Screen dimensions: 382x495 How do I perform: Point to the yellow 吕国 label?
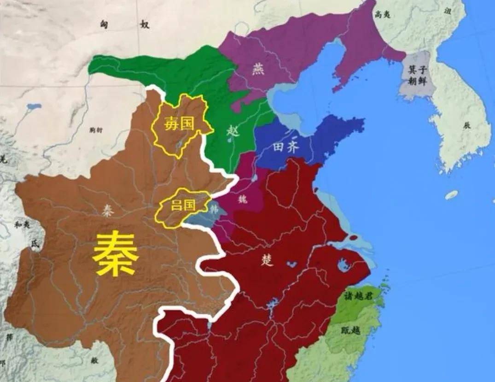tap(182, 206)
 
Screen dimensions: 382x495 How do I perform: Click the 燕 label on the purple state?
tap(259, 69)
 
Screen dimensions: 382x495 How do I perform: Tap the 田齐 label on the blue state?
tap(286, 147)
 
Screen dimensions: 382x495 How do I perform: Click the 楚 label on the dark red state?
tap(268, 260)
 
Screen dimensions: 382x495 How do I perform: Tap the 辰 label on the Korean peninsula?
tap(467, 124)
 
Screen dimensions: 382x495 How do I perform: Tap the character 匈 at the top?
tap(105, 24)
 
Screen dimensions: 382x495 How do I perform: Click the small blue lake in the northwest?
tap(34, 107)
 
